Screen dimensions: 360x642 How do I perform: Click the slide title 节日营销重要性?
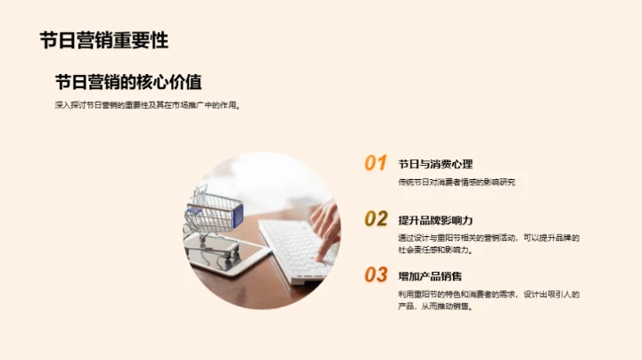coord(103,41)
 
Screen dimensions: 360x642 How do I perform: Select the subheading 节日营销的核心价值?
coord(134,83)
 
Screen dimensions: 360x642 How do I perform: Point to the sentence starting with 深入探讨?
coord(147,105)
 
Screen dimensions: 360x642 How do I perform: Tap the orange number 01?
coord(375,163)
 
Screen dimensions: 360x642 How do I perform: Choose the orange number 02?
coord(375,219)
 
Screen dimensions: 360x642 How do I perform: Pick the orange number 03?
coord(375,274)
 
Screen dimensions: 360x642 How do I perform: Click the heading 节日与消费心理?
coord(435,164)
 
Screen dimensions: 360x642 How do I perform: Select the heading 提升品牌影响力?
coord(435,220)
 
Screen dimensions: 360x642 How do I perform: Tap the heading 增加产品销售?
coord(430,276)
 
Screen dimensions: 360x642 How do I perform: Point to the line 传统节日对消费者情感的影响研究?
coord(457,182)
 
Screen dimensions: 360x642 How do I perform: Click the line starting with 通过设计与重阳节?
coord(490,238)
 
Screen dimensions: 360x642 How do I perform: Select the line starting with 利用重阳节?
coord(490,294)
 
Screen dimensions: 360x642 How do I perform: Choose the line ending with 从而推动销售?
coord(435,307)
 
